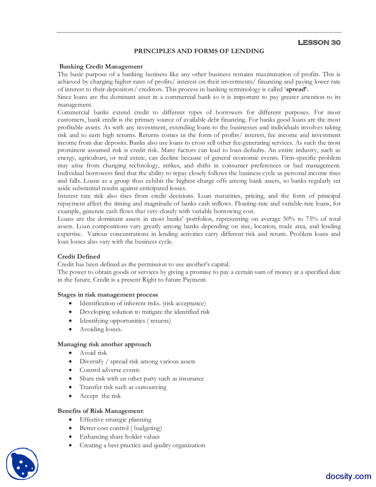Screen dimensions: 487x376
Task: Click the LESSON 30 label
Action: [319, 43]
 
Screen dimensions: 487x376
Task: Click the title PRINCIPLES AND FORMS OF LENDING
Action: [199, 51]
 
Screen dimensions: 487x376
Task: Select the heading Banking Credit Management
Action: [101, 66]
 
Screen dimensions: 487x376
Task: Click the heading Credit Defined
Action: [79, 256]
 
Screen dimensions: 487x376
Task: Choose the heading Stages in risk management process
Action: [108, 295]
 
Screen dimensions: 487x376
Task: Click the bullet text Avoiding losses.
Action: [101, 329]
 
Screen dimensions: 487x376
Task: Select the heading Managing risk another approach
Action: [104, 344]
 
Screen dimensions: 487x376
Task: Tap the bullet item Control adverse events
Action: [109, 370]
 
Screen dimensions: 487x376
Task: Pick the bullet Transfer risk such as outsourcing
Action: [123, 387]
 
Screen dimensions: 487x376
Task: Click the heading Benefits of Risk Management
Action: [100, 411]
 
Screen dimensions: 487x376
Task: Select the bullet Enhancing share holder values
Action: [119, 437]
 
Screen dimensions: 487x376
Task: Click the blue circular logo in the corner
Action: [22, 464]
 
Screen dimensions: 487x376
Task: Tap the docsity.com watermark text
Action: [348, 476]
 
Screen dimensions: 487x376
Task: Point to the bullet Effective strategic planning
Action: [115, 420]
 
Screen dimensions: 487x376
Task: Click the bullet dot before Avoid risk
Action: [70, 353]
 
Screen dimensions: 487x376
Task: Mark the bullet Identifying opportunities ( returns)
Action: [125, 321]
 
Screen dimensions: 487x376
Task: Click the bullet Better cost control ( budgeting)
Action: [120, 428]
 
